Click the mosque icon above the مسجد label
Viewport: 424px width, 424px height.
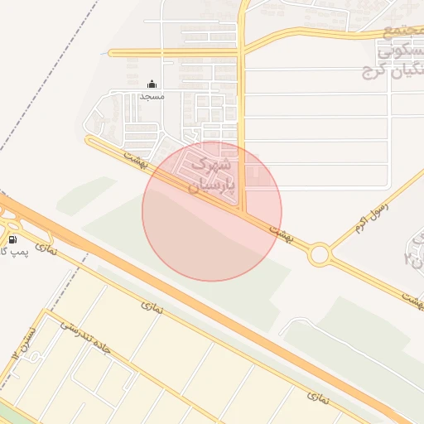152,84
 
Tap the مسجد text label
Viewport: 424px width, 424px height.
152,97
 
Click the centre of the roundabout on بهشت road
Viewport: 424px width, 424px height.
319,254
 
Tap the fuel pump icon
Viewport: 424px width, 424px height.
12,239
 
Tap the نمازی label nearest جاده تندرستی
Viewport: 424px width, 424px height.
152,307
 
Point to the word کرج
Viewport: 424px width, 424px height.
378,74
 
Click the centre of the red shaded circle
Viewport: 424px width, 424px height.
212,211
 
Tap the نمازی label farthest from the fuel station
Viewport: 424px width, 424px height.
317,398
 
